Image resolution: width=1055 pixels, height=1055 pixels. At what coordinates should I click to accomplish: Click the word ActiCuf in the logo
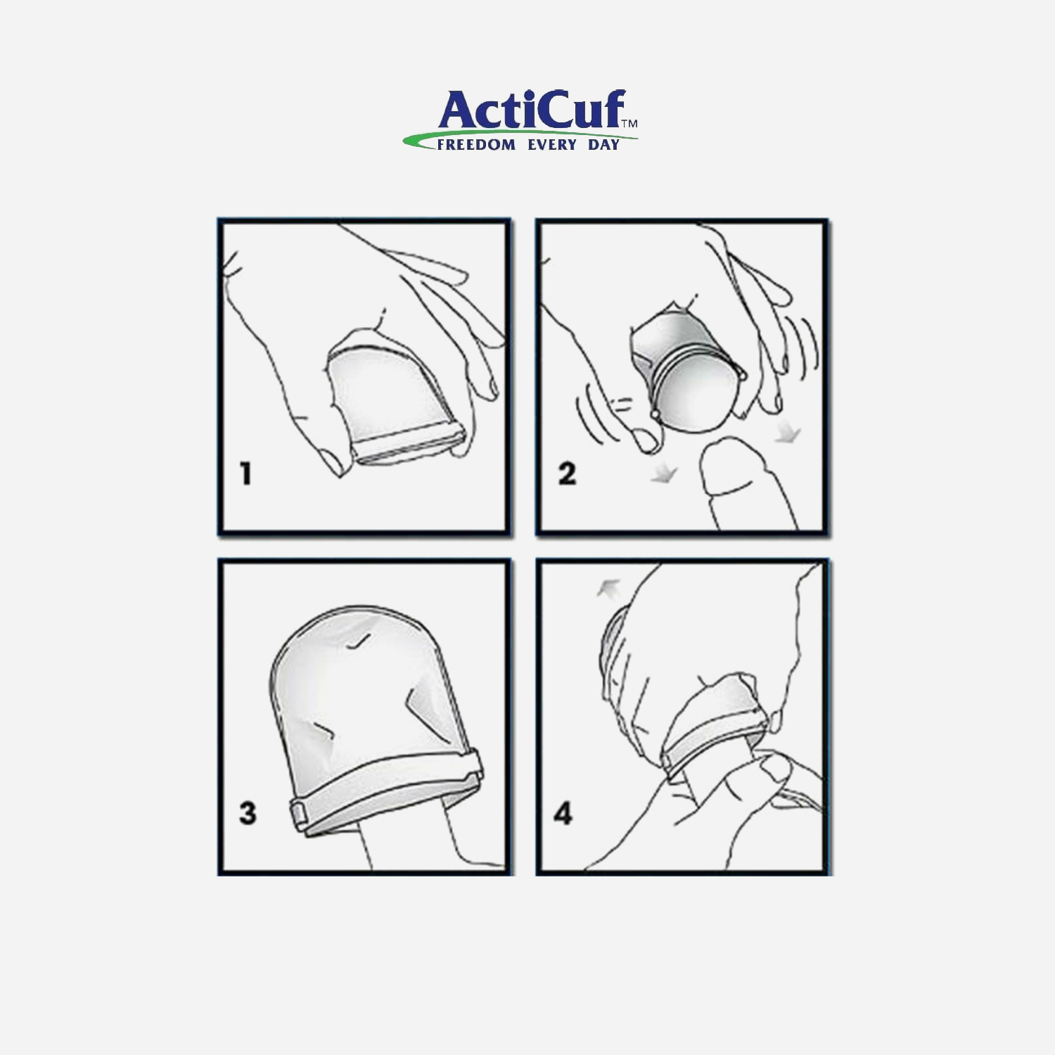[532, 110]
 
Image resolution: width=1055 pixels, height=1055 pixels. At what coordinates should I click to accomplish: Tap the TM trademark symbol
[629, 123]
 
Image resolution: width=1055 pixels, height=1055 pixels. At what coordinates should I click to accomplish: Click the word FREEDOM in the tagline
[476, 145]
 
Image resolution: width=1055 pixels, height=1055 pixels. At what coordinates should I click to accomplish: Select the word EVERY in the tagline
[552, 145]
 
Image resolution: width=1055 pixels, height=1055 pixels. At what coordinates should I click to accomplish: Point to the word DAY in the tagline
[603, 145]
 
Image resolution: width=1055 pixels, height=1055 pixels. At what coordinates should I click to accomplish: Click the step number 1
[245, 473]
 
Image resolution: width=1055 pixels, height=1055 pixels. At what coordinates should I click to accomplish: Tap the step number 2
[567, 473]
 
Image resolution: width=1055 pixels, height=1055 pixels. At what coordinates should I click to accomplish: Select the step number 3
[248, 813]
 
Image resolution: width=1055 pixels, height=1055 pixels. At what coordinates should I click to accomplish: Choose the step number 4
[563, 814]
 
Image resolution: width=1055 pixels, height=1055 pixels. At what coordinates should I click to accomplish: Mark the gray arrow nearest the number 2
[663, 475]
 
